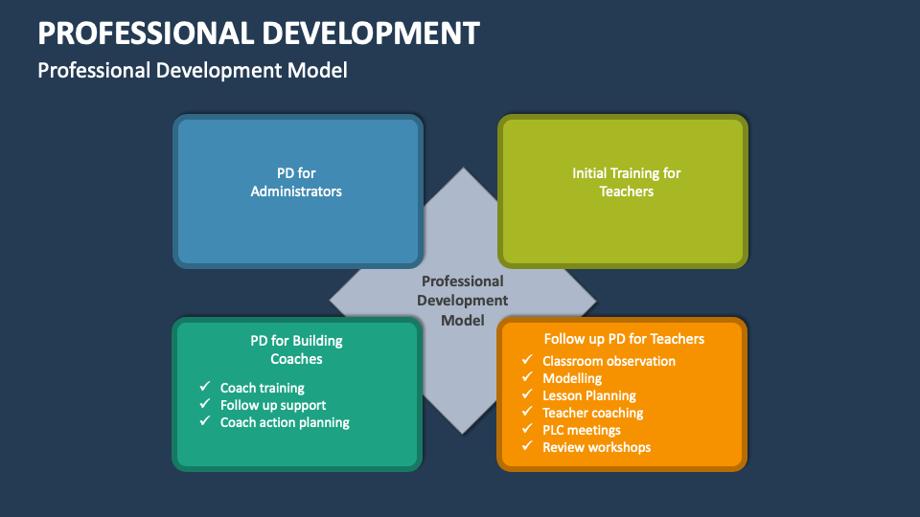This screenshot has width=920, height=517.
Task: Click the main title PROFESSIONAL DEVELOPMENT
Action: pyautogui.click(x=258, y=33)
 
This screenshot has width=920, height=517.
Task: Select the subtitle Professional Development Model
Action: pyautogui.click(x=192, y=70)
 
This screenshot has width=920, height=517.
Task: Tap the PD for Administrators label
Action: pyautogui.click(x=296, y=182)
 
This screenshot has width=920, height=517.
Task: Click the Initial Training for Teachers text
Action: pyautogui.click(x=626, y=182)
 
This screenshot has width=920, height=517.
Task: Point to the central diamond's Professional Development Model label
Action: pyautogui.click(x=462, y=301)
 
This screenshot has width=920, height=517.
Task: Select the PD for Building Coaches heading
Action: pyautogui.click(x=296, y=349)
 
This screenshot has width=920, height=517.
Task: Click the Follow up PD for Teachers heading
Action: pyautogui.click(x=624, y=339)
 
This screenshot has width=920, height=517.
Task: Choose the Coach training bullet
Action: pyautogui.click(x=262, y=388)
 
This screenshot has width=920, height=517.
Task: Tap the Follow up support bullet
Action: pyautogui.click(x=273, y=405)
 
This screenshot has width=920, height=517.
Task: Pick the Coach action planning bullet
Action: pyautogui.click(x=285, y=422)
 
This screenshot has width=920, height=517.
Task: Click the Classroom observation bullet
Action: pyautogui.click(x=609, y=361)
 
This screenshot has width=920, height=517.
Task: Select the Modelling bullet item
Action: pyautogui.click(x=572, y=378)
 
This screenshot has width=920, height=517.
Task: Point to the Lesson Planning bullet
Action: pyautogui.click(x=588, y=395)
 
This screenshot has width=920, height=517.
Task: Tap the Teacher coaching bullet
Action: pyautogui.click(x=592, y=413)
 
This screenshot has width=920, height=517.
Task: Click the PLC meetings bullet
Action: pyautogui.click(x=582, y=430)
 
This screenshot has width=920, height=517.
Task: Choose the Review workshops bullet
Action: pyautogui.click(x=596, y=447)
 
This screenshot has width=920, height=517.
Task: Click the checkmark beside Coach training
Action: pyautogui.click(x=205, y=388)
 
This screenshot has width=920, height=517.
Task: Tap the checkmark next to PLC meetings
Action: pyautogui.click(x=527, y=430)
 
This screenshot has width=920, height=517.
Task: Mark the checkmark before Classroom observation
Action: pyautogui.click(x=527, y=361)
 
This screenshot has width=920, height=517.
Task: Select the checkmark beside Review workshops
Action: pyautogui.click(x=527, y=447)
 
